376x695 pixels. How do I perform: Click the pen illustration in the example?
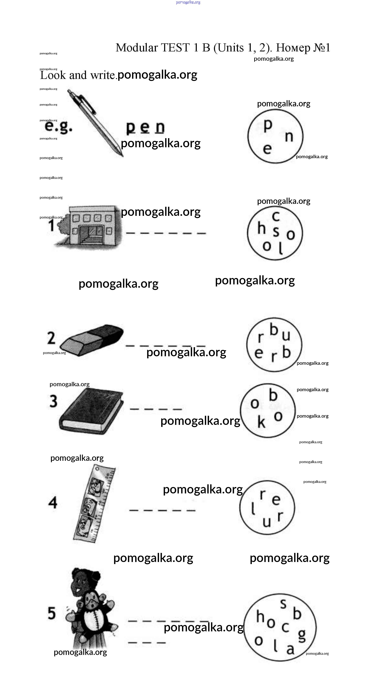pos(95,123)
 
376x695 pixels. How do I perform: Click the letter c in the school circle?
pos(276,216)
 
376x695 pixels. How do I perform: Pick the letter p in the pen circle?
pos(268,125)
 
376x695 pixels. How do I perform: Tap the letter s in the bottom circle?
pos(283,604)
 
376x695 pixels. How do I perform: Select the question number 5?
pos(52,613)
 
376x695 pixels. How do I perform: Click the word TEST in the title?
pos(175,48)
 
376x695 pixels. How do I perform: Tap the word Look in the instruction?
pos(53,75)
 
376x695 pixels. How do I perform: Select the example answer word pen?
pos(145,127)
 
